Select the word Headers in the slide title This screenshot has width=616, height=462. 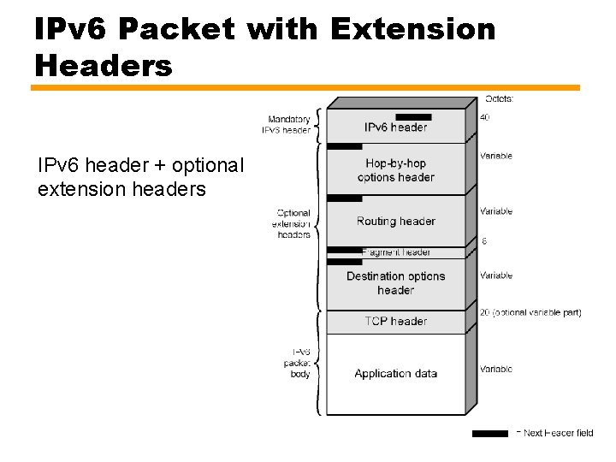pyautogui.click(x=104, y=65)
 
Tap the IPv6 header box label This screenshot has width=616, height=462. pyautogui.click(x=395, y=127)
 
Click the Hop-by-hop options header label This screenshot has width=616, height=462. pyautogui.click(x=395, y=170)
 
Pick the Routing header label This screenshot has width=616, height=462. pyautogui.click(x=395, y=221)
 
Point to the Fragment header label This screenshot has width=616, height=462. pyautogui.click(x=395, y=252)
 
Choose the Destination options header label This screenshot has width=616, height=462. pyautogui.click(x=395, y=283)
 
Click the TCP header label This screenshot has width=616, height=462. pyautogui.click(x=395, y=321)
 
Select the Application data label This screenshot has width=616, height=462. pyautogui.click(x=395, y=373)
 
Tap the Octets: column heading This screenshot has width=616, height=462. pyautogui.click(x=500, y=98)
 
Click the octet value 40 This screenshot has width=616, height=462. pyautogui.click(x=484, y=118)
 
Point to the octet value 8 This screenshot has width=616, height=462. pyautogui.click(x=484, y=241)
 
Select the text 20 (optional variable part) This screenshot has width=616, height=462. pyautogui.click(x=530, y=312)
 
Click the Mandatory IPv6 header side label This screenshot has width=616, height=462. pyautogui.click(x=288, y=125)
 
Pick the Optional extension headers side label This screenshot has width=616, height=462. pyautogui.click(x=293, y=223)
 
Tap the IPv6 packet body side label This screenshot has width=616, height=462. pyautogui.click(x=299, y=363)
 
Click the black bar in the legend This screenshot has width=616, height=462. pyautogui.click(x=489, y=434)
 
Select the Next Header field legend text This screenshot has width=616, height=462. pyautogui.click(x=557, y=433)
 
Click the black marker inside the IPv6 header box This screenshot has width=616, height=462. pyautogui.click(x=413, y=117)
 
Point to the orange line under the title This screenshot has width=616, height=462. pyautogui.click(x=305, y=87)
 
